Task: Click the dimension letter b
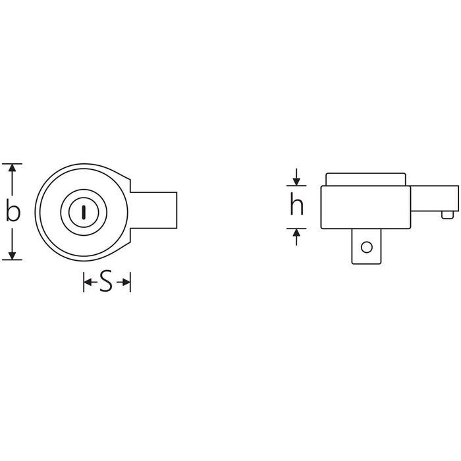pos(13,211)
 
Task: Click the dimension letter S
pos(106,282)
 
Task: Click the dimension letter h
pos(296,205)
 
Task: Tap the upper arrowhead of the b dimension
pos(12,168)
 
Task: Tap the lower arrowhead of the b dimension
pos(12,256)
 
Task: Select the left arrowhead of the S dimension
pos(88,283)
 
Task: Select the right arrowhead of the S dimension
pos(126,283)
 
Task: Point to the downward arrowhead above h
pos(296,181)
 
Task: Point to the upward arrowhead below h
pos(296,233)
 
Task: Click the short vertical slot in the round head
pos(84,212)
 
